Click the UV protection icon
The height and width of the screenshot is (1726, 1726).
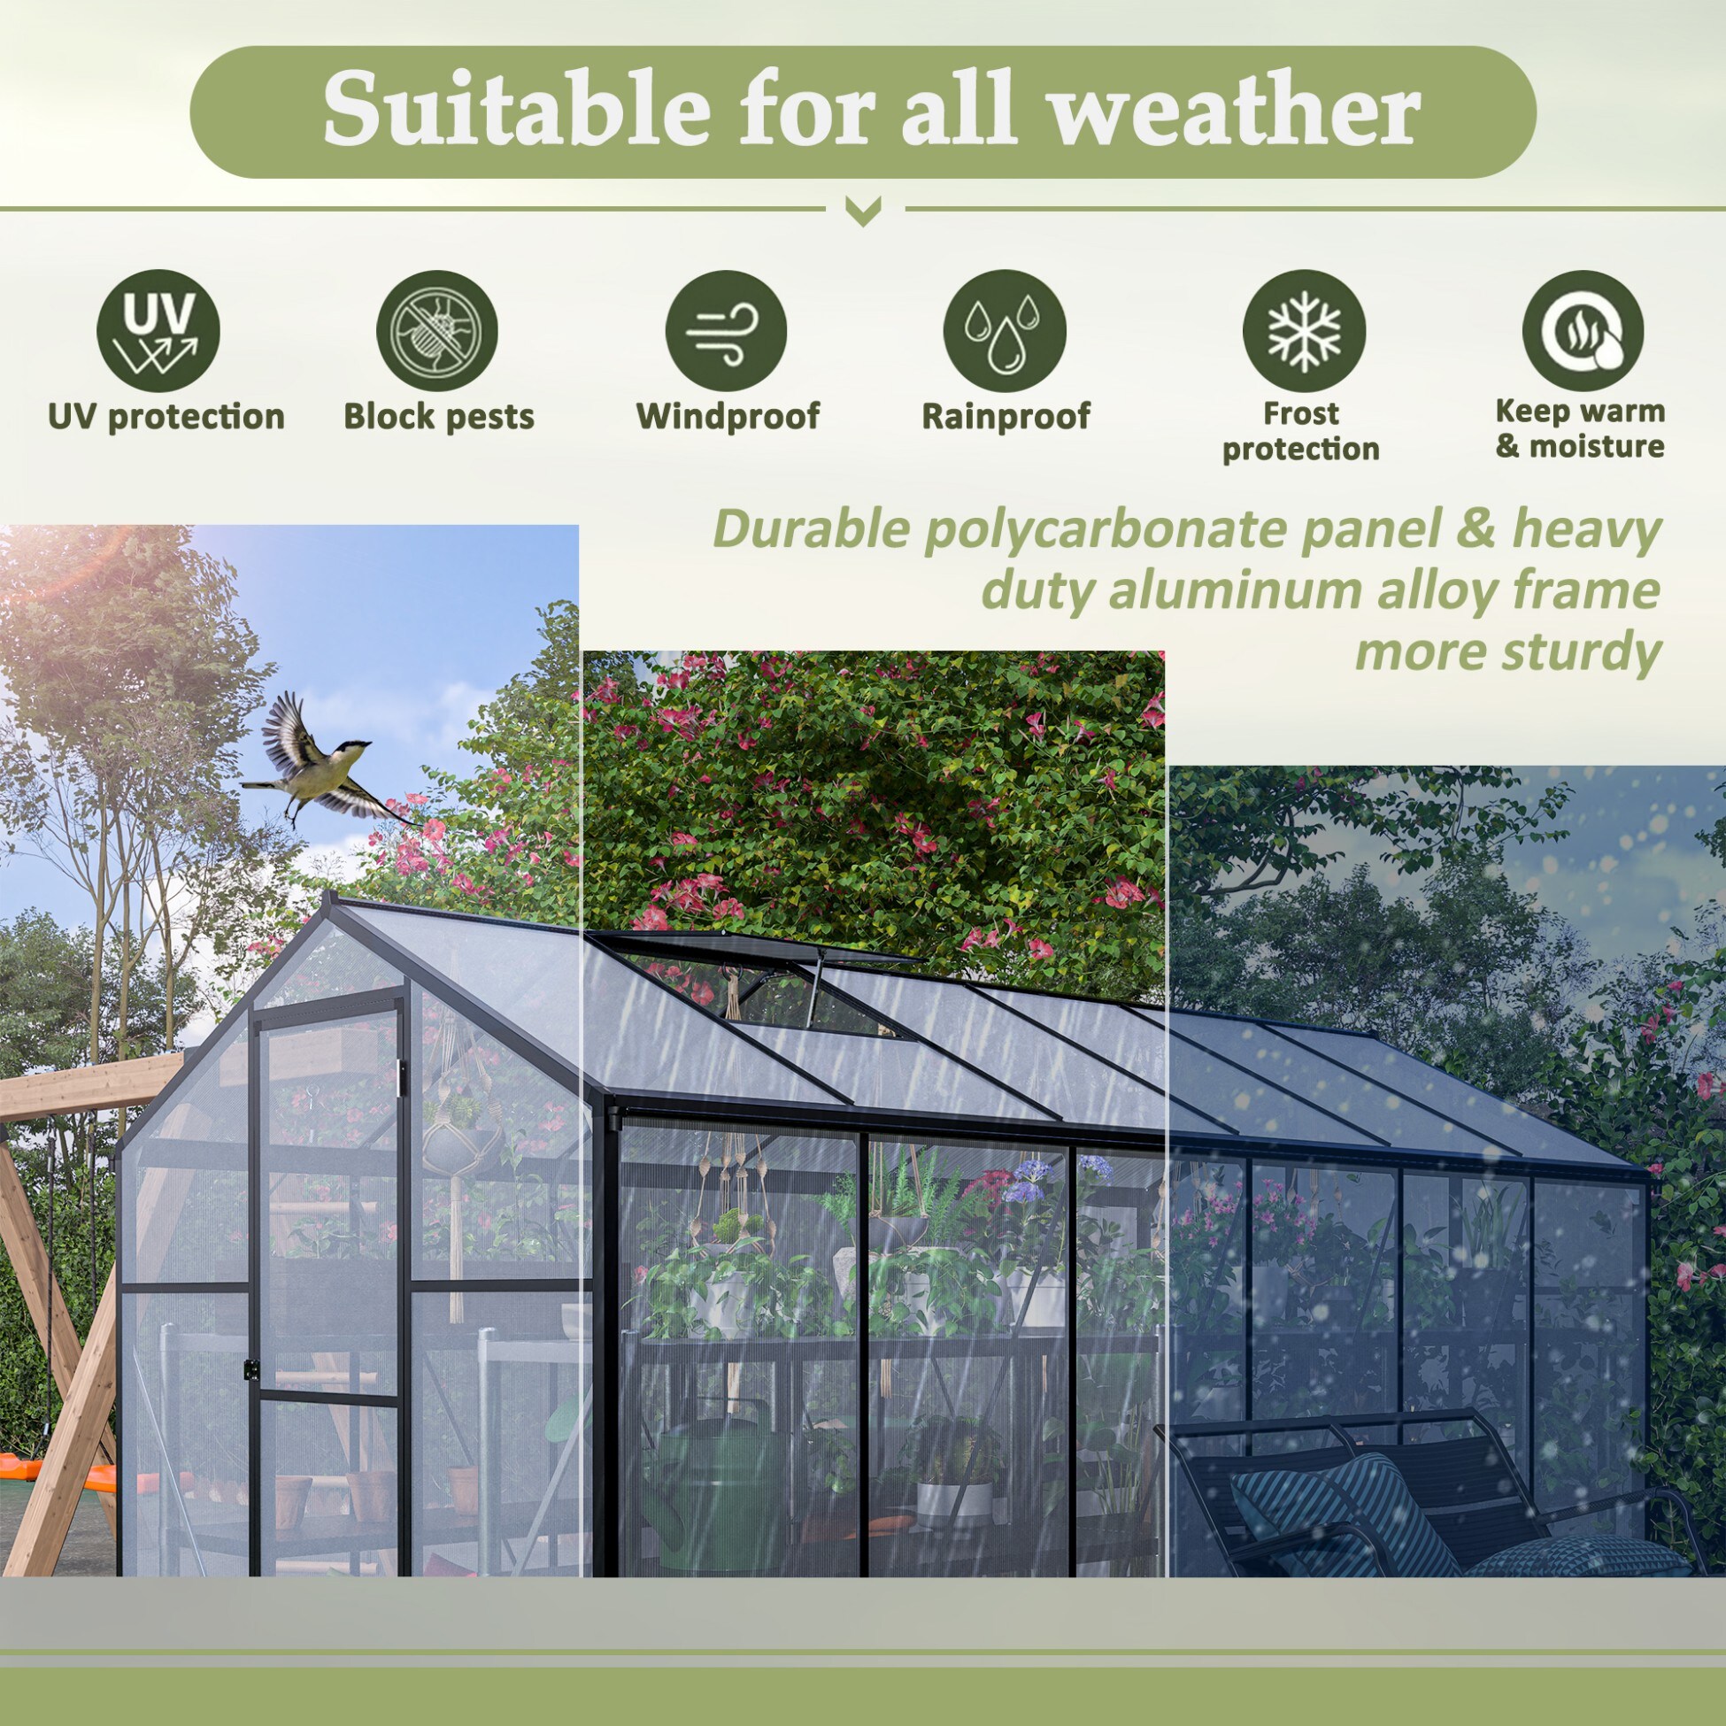click(158, 331)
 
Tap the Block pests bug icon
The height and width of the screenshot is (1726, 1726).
click(437, 331)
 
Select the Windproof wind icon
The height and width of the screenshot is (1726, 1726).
click(726, 331)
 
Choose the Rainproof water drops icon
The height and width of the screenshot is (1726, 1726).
click(1005, 331)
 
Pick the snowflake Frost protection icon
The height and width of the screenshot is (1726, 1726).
click(1304, 331)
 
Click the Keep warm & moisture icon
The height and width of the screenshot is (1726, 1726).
click(1583, 331)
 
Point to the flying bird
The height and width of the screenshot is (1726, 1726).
click(321, 759)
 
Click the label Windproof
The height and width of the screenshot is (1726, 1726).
click(728, 416)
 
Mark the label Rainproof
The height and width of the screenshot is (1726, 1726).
click(1006, 416)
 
